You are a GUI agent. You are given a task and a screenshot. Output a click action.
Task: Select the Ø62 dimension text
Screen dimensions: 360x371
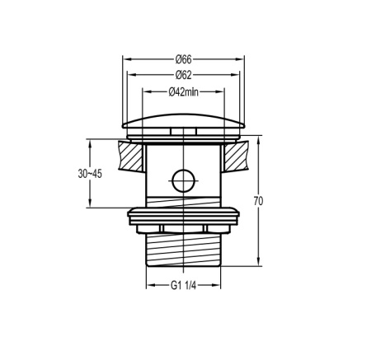(x=183, y=75)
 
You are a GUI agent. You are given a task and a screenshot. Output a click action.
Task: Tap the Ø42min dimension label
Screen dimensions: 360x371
(x=183, y=91)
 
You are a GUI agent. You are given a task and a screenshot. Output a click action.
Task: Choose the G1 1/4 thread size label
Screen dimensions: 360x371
(x=183, y=286)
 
